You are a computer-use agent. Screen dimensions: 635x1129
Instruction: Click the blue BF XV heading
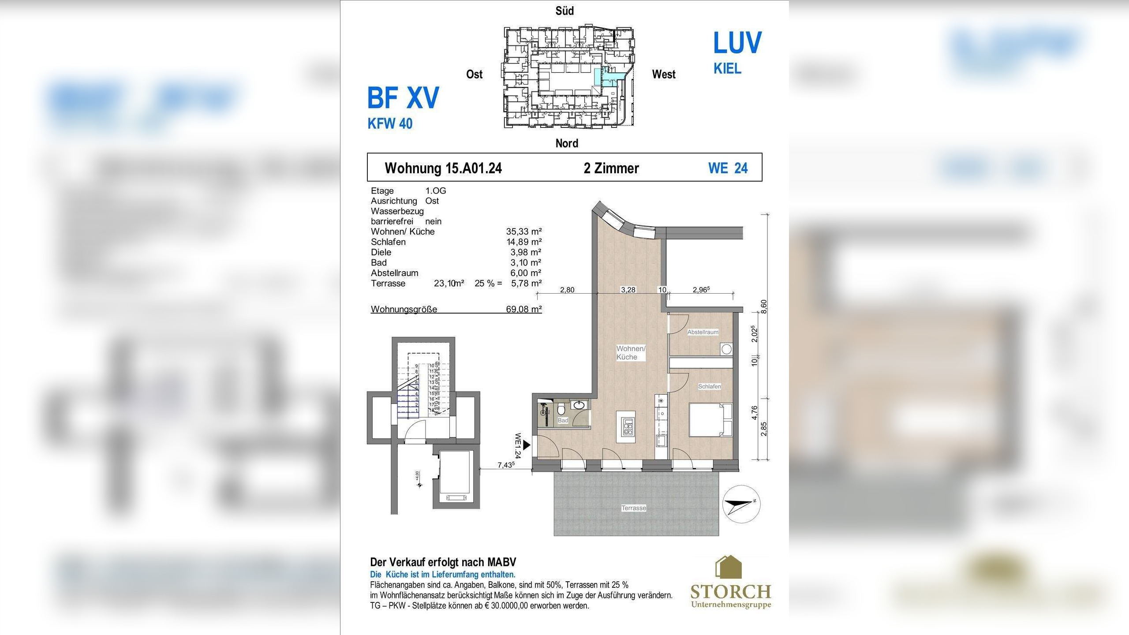click(x=403, y=98)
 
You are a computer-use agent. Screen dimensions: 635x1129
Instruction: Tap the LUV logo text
click(x=737, y=43)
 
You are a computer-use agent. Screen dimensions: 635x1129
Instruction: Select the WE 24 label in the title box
click(x=728, y=168)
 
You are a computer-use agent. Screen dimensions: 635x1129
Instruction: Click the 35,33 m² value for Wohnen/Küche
click(x=523, y=232)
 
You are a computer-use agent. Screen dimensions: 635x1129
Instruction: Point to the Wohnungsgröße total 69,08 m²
click(x=523, y=309)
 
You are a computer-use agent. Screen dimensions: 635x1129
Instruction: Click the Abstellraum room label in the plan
click(x=703, y=332)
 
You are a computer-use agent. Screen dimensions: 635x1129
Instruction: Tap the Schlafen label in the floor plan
click(x=709, y=386)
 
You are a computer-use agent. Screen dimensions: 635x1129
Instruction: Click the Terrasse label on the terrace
click(x=633, y=508)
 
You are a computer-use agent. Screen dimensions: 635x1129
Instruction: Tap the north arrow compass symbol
click(x=742, y=504)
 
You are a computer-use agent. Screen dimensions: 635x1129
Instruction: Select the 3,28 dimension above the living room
click(x=628, y=290)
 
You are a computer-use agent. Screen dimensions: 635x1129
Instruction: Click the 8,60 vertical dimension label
click(x=764, y=306)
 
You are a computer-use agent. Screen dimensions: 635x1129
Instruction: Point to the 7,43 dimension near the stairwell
click(x=506, y=465)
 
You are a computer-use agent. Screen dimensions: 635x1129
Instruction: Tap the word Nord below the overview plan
click(x=567, y=143)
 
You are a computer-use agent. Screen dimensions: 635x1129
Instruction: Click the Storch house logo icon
click(x=728, y=567)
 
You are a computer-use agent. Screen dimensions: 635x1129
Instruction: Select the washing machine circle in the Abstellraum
click(x=726, y=349)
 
